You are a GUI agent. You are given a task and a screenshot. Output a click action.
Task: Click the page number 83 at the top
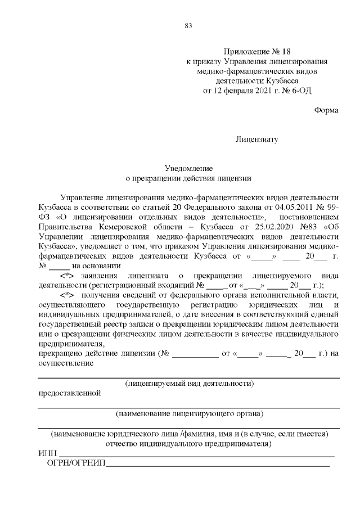188,25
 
